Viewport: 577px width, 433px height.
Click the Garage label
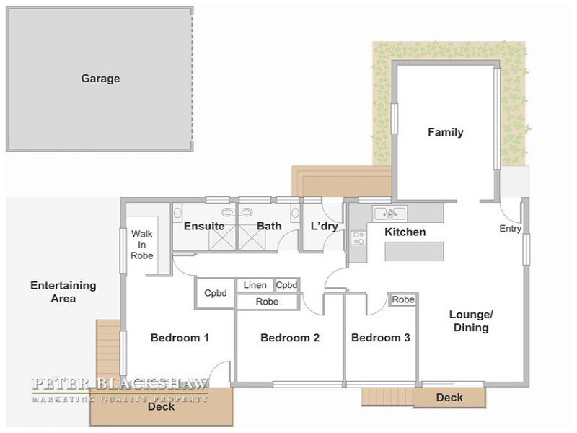click(x=100, y=79)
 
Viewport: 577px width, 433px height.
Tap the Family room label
click(x=445, y=132)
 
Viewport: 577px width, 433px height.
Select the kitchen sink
click(x=389, y=213)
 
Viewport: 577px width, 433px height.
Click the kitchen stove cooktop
click(x=358, y=237)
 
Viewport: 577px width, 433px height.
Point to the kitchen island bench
click(x=414, y=251)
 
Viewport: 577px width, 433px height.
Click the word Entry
click(x=511, y=229)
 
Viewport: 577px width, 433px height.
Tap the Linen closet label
click(x=255, y=285)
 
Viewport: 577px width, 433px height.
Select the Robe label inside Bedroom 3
click(x=403, y=299)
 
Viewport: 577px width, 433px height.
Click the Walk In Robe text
click(x=141, y=245)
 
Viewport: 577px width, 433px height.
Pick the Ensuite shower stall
click(x=222, y=238)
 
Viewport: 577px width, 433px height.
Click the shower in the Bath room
click(x=252, y=238)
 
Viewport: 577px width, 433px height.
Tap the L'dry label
click(x=324, y=226)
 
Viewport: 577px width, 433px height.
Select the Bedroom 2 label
click(x=290, y=338)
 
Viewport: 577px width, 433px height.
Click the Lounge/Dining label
click(x=471, y=321)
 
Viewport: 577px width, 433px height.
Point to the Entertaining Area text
click(x=63, y=292)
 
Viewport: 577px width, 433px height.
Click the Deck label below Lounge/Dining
click(x=449, y=398)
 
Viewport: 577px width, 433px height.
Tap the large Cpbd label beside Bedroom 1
click(x=215, y=293)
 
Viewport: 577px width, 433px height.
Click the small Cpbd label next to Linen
click(x=286, y=285)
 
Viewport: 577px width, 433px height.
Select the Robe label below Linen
click(x=267, y=302)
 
